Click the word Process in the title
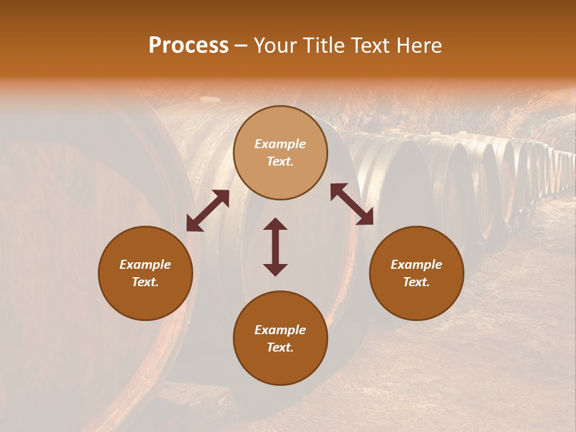click(188, 46)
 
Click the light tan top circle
click(280, 152)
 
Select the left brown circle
click(145, 273)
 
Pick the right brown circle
click(416, 273)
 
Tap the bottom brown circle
click(280, 338)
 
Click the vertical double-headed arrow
click(275, 247)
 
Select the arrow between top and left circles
click(208, 211)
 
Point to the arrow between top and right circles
click(352, 204)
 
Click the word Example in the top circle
click(280, 144)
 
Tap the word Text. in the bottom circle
click(280, 347)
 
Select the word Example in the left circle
click(145, 265)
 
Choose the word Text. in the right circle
click(416, 282)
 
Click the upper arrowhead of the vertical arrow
click(275, 224)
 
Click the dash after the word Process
click(241, 46)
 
